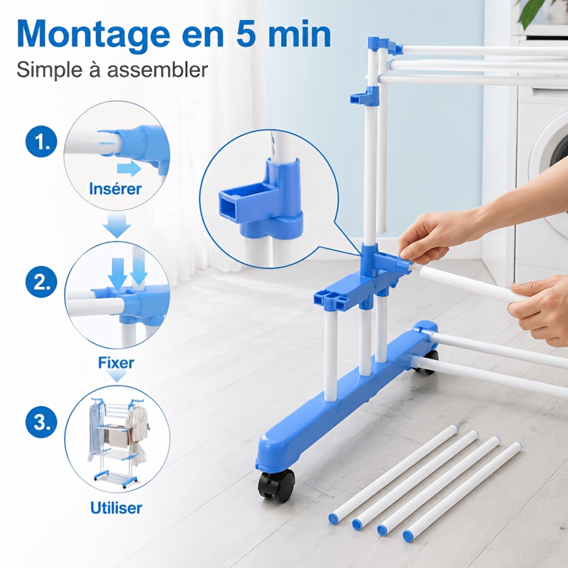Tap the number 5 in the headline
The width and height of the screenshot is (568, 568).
[x=246, y=34]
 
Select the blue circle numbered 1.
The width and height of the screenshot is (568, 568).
[x=41, y=141]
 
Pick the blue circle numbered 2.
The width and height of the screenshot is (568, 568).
[x=41, y=282]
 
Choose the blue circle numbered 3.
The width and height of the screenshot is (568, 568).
[x=41, y=422]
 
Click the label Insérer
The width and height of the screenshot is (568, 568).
[x=115, y=189]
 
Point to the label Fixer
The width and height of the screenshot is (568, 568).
[x=116, y=363]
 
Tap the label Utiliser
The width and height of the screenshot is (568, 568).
[x=116, y=508]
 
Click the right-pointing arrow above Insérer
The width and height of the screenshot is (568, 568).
[x=129, y=169]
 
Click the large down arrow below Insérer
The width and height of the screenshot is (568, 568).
[x=116, y=225]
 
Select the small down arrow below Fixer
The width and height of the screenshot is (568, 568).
[x=116, y=377]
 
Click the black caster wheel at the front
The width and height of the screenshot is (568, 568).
[x=276, y=486]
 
